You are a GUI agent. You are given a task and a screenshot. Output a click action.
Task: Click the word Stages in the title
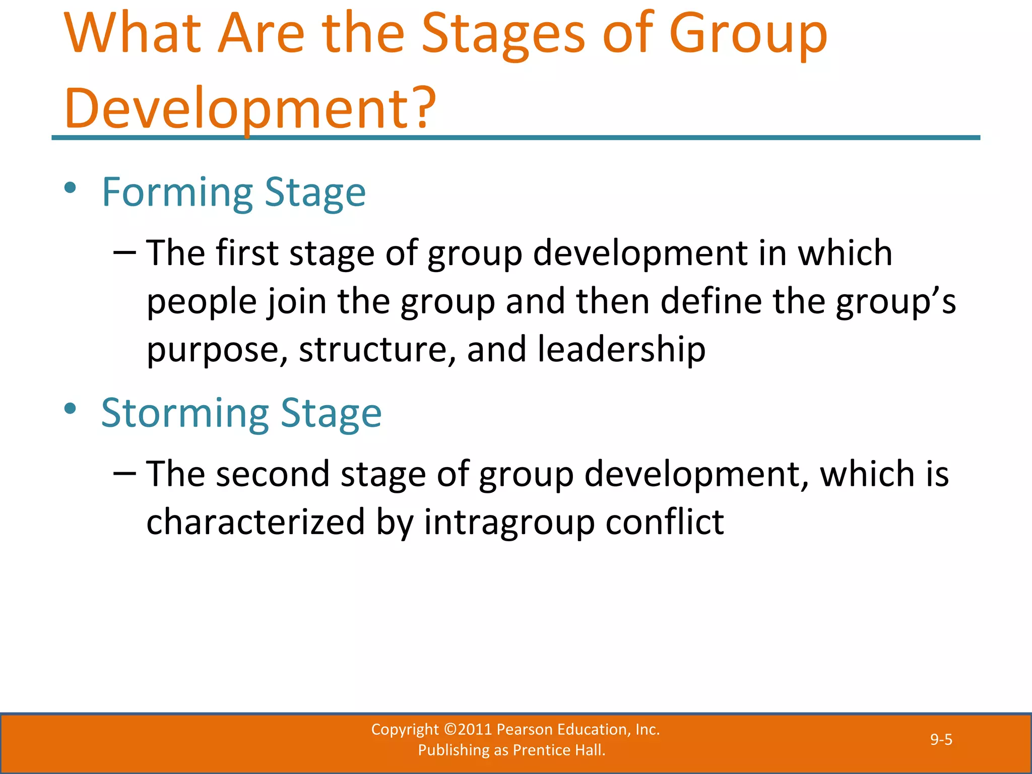point(503,35)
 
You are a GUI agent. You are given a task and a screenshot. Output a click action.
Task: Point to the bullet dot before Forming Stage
point(70,188)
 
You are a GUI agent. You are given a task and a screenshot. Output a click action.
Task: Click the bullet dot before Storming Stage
point(70,409)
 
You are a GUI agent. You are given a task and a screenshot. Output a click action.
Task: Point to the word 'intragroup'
point(509,522)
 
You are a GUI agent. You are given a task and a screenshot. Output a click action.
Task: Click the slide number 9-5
point(941,739)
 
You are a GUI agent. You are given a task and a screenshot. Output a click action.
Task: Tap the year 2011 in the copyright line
point(475,729)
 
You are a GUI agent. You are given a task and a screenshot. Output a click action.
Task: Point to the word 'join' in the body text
point(297,301)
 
